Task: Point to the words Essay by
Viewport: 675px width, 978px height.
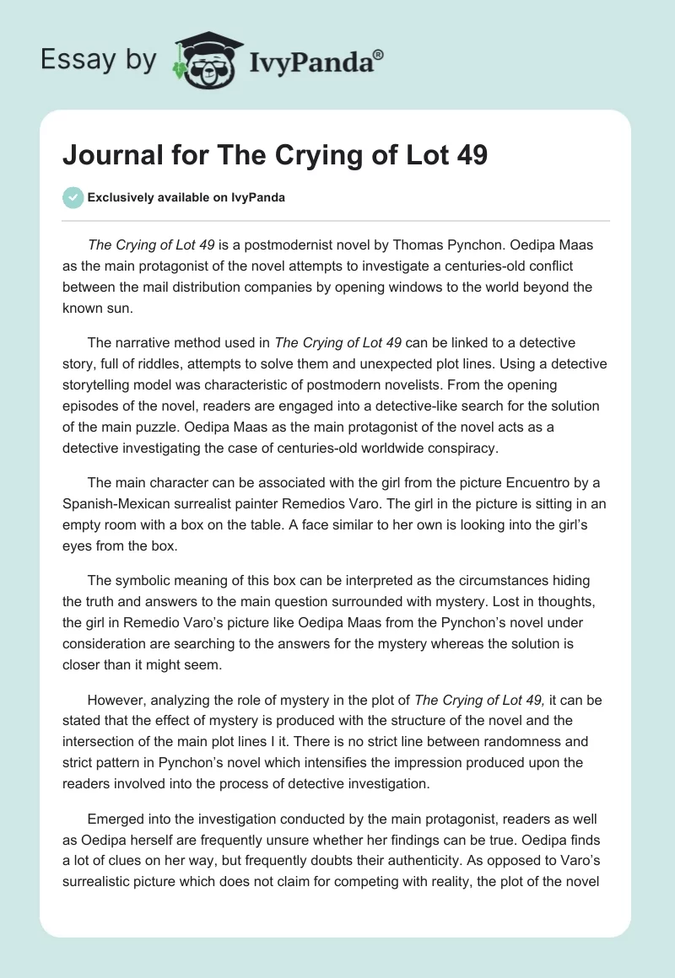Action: click(x=97, y=60)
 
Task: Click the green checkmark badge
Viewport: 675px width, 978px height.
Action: click(x=73, y=197)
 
